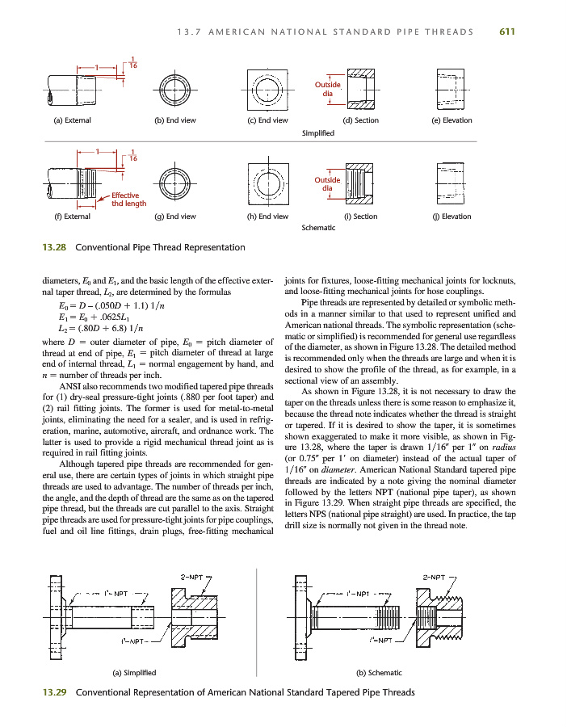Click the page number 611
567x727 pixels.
pyautogui.click(x=507, y=32)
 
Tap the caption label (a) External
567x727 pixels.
pyautogui.click(x=72, y=120)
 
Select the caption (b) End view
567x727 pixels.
pyautogui.click(x=175, y=120)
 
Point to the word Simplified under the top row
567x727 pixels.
pyautogui.click(x=317, y=132)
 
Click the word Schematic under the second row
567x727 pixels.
pyautogui.click(x=317, y=228)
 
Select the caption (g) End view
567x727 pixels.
pyautogui.click(x=175, y=216)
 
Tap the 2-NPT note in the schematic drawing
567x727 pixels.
pyautogui.click(x=434, y=577)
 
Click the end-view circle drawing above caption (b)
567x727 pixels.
pyautogui.click(x=175, y=87)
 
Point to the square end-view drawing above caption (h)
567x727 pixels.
pyautogui.click(x=267, y=183)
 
